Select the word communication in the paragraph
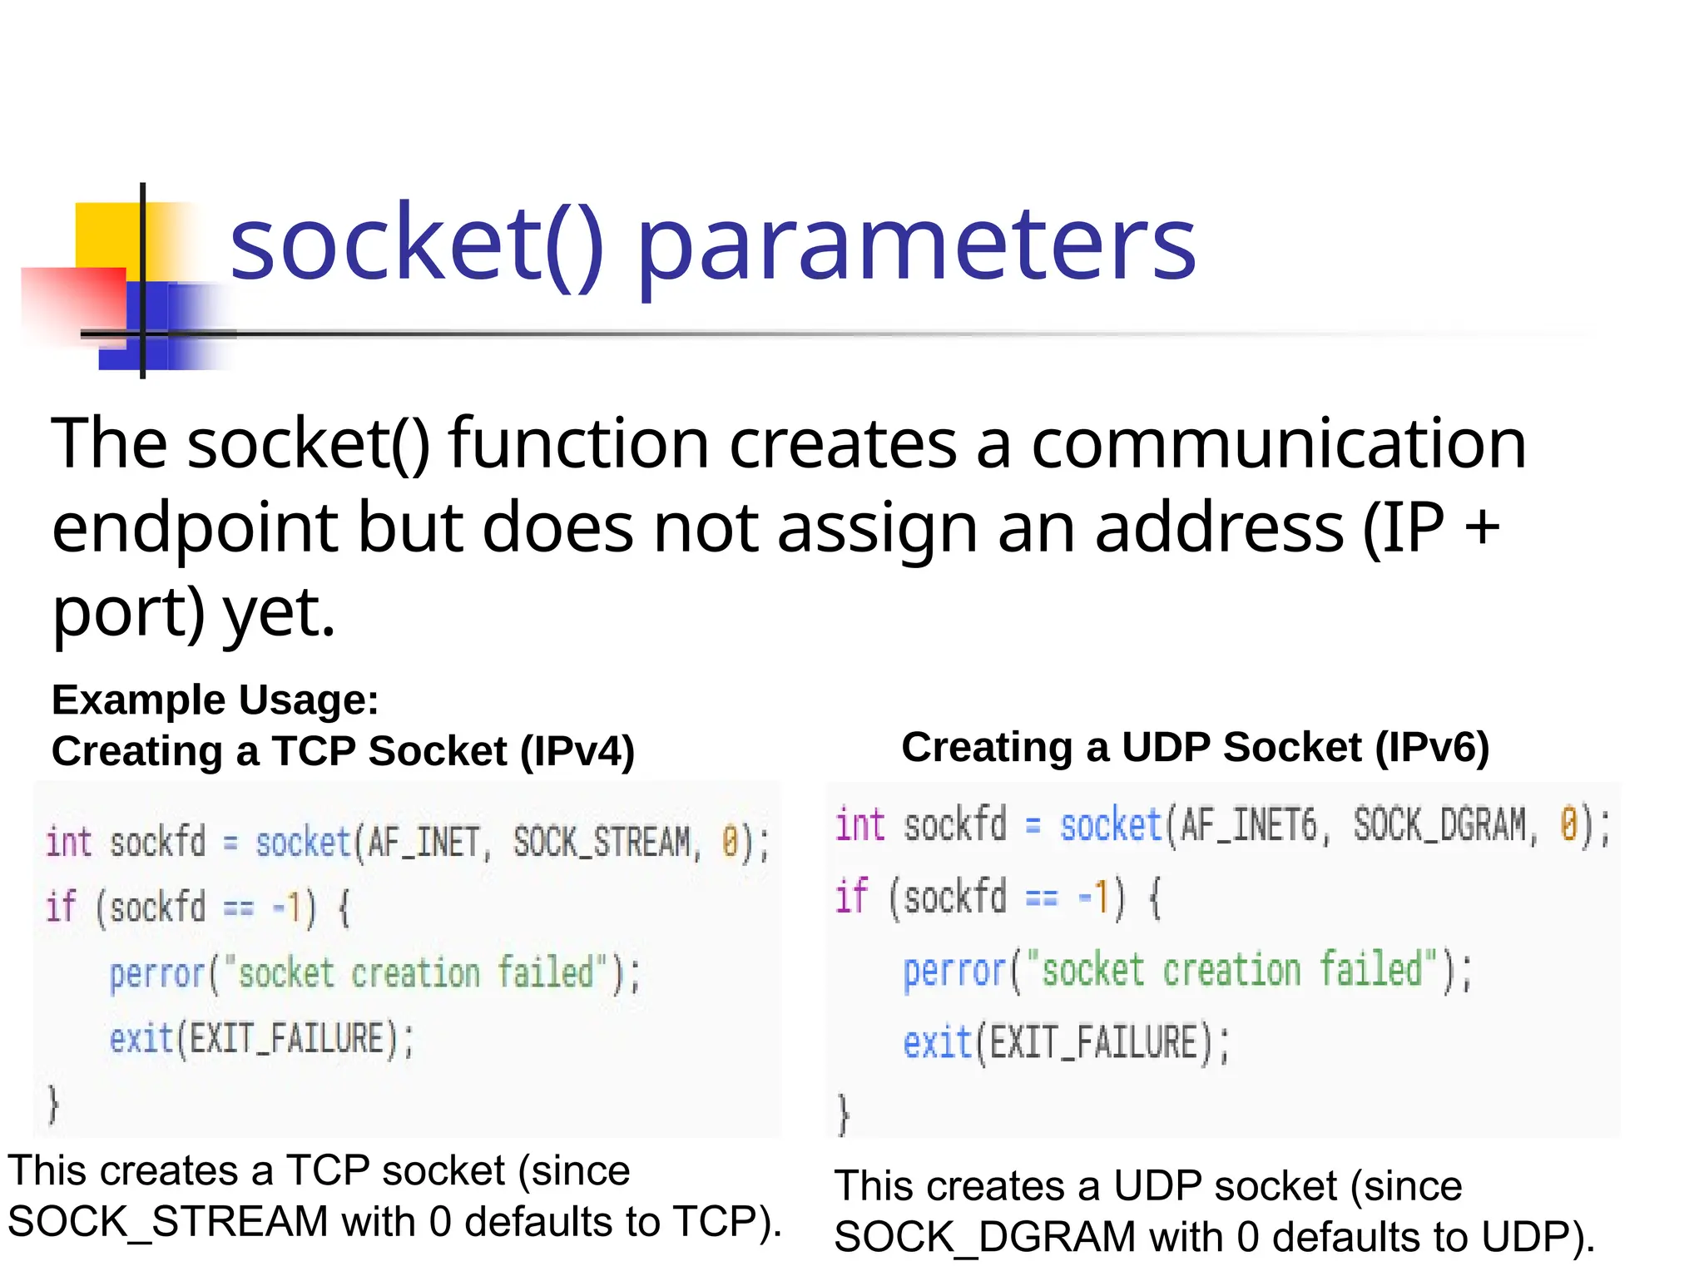point(1279,444)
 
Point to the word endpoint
point(195,531)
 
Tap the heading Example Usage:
point(215,700)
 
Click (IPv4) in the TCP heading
point(577,751)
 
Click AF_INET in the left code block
point(424,843)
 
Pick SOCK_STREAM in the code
point(602,843)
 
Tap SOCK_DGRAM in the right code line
point(1439,825)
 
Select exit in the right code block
point(937,1043)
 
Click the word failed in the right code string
point(1371,970)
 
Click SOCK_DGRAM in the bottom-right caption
point(984,1237)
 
